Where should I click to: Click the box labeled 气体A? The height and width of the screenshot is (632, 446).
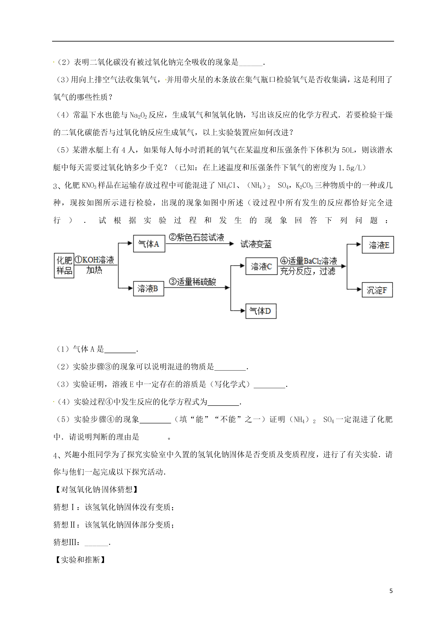point(149,244)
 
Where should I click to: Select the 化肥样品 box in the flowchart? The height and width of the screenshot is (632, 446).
point(64,265)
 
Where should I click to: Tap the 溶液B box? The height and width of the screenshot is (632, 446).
point(148,288)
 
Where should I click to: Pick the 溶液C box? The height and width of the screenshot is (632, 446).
point(261,266)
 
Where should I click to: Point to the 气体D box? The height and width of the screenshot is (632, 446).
point(260,311)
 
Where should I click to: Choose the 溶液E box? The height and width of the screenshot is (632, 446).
point(378,245)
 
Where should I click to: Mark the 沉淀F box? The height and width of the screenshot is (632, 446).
point(377,290)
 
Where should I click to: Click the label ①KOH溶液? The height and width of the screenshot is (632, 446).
point(94,260)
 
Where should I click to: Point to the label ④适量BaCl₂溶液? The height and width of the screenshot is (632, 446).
point(308,261)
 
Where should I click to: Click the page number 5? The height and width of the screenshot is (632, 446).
point(391,591)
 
